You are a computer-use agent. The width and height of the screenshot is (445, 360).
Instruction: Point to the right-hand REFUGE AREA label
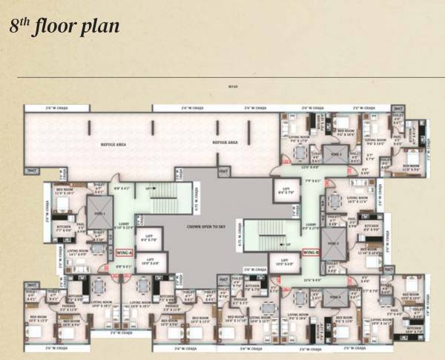pyautogui.click(x=223, y=141)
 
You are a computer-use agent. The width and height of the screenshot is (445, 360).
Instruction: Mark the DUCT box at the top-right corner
pyautogui.click(x=399, y=109)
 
